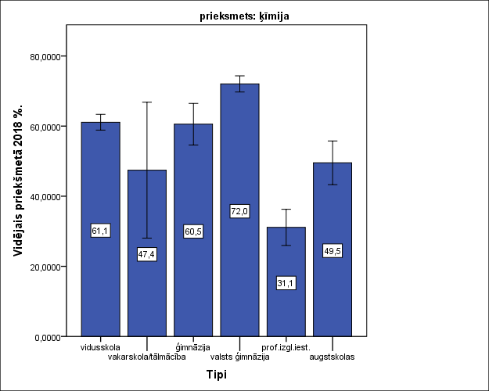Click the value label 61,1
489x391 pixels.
101,231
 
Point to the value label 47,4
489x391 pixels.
147,255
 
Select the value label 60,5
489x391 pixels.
193,231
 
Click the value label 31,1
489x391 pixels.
286,283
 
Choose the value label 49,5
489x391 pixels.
333,251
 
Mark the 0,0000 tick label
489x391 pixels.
47,337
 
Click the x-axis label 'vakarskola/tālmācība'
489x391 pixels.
147,357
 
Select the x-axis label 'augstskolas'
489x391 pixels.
333,357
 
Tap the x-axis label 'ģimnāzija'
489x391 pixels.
193,346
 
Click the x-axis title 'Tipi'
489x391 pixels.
217,375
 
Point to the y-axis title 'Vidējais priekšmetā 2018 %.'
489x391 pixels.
17,195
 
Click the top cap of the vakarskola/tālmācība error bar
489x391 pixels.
147,102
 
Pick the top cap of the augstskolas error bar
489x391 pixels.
333,141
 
